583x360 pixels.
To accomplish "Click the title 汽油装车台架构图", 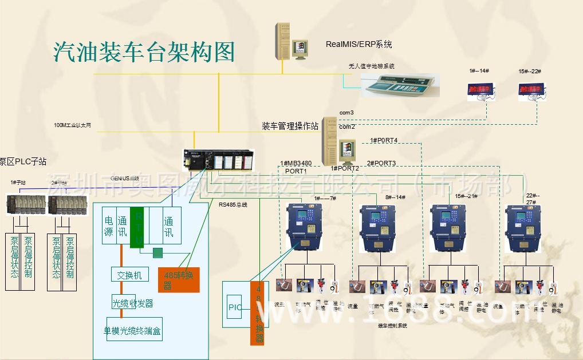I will (144, 52).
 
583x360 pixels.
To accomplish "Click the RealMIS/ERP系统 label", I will (359, 44).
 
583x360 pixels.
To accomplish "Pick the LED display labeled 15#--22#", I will (532, 90).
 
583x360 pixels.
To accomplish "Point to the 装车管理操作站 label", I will (290, 126).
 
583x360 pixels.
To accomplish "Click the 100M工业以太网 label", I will (72, 125).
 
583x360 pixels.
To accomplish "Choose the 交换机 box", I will (130, 274).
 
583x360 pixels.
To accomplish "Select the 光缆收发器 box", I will (132, 303).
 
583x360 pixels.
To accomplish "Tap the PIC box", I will (235, 306).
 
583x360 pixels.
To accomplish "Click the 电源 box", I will (109, 226).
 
